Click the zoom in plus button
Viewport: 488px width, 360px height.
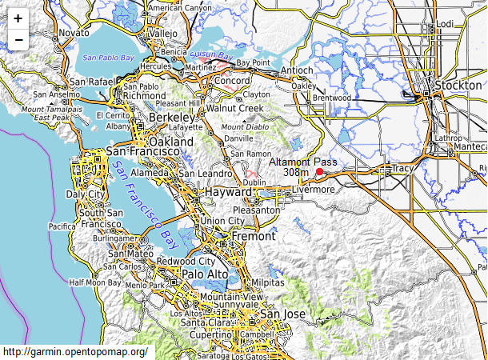click(x=18, y=18)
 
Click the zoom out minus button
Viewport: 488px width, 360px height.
click(x=18, y=39)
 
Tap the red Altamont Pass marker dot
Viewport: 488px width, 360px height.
click(x=319, y=171)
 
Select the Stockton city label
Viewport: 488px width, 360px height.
click(x=457, y=86)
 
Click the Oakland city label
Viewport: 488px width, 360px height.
click(x=171, y=142)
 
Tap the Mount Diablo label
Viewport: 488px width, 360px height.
click(x=245, y=127)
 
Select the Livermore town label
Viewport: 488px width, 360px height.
click(x=313, y=190)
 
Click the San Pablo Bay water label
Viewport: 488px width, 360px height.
click(x=108, y=58)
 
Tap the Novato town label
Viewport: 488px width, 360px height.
click(x=74, y=33)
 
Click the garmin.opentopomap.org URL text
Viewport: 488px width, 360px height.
click(x=75, y=352)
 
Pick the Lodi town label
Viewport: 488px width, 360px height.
click(x=445, y=25)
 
